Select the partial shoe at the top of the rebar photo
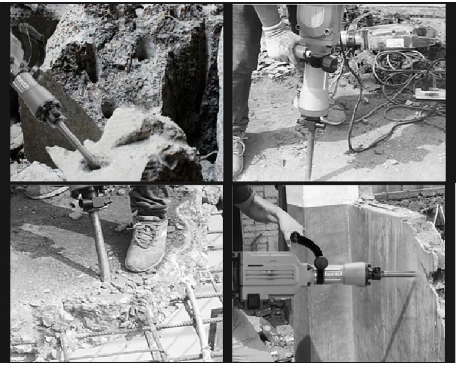click(46, 191)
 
